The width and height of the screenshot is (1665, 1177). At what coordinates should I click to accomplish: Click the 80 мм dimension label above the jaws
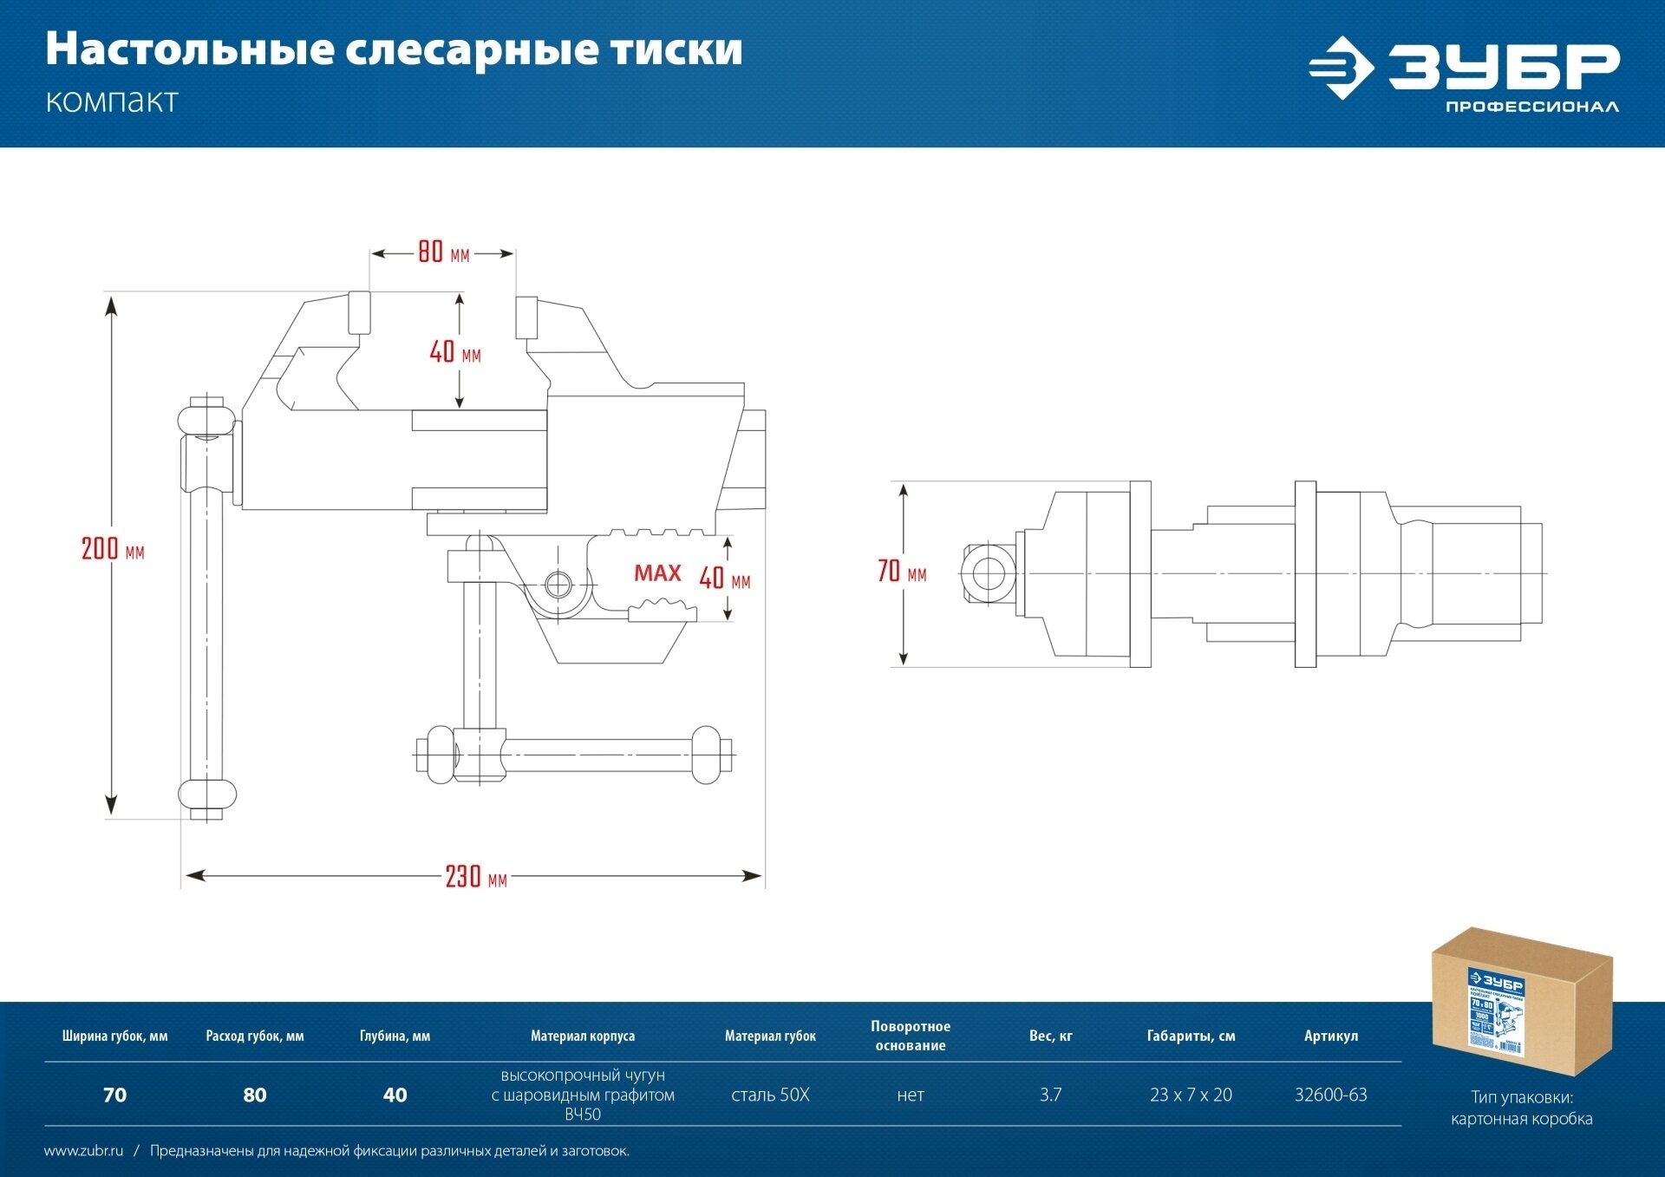pos(442,252)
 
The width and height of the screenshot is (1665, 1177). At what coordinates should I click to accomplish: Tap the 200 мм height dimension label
pos(112,549)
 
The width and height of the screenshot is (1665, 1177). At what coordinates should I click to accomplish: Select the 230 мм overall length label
pos(475,877)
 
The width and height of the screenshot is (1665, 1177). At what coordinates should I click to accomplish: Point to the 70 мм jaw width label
pos(901,572)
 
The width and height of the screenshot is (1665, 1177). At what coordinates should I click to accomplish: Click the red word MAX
pos(657,573)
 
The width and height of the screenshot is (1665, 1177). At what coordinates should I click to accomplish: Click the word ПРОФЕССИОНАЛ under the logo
pos(1531,107)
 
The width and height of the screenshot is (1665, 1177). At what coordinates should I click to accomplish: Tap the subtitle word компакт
pos(112,101)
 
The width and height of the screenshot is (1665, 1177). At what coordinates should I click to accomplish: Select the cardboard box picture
pos(1521,1001)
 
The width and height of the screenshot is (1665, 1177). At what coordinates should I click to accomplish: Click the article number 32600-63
pos(1330,1095)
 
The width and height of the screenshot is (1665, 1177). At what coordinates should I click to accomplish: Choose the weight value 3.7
pos(1050,1095)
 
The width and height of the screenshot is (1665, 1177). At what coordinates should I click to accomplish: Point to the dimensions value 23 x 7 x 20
pos(1191,1095)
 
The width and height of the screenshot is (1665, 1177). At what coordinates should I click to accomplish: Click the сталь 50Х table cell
pos(770,1095)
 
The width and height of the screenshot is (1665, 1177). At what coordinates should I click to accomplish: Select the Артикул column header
pos(1330,1036)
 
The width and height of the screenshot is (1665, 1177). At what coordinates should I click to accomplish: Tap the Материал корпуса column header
pos(583,1036)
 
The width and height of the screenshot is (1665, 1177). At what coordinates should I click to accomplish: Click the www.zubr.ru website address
pos(83,1151)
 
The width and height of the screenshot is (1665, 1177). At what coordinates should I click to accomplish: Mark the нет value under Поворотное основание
pos(911,1095)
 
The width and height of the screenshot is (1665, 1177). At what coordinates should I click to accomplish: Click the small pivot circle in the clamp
pos(558,585)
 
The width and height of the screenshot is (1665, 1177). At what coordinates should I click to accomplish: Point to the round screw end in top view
pos(988,573)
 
